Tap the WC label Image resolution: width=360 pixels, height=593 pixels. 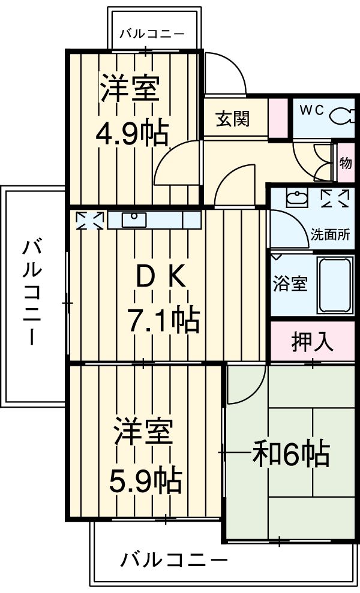click(x=312, y=110)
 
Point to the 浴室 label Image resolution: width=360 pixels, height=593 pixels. click(x=290, y=284)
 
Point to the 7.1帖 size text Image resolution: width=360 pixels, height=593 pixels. click(x=163, y=321)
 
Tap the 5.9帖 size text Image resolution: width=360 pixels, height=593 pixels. click(x=145, y=478)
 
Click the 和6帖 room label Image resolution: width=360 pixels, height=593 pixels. click(x=291, y=455)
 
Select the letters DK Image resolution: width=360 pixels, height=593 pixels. click(x=157, y=277)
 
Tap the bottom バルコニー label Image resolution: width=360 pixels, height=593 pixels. click(x=175, y=561)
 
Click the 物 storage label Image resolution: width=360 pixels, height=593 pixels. click(x=346, y=163)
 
